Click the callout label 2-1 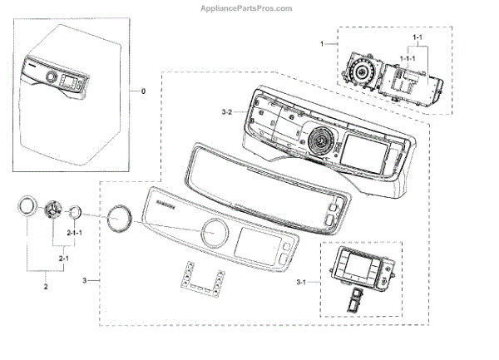[63, 259]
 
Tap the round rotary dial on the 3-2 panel [316, 144]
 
